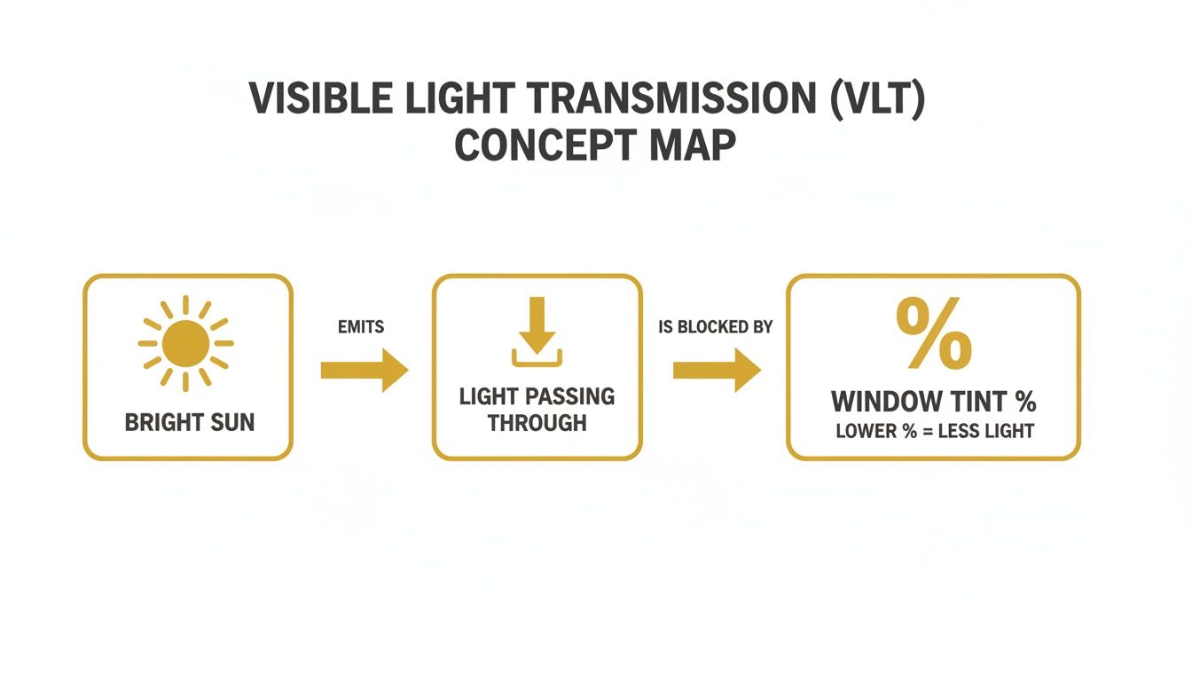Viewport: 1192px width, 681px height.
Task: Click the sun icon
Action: point(186,343)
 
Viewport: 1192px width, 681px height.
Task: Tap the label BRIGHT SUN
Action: point(189,423)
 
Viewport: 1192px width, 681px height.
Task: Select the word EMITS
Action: point(361,327)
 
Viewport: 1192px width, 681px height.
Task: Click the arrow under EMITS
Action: point(364,371)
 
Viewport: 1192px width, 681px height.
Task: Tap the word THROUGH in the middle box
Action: point(537,423)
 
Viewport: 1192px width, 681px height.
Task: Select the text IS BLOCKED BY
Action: point(715,327)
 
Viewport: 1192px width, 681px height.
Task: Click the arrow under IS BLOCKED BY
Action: point(717,371)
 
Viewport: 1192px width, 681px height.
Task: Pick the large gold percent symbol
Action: point(933,333)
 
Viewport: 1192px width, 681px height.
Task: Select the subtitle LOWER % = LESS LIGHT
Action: point(934,432)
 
